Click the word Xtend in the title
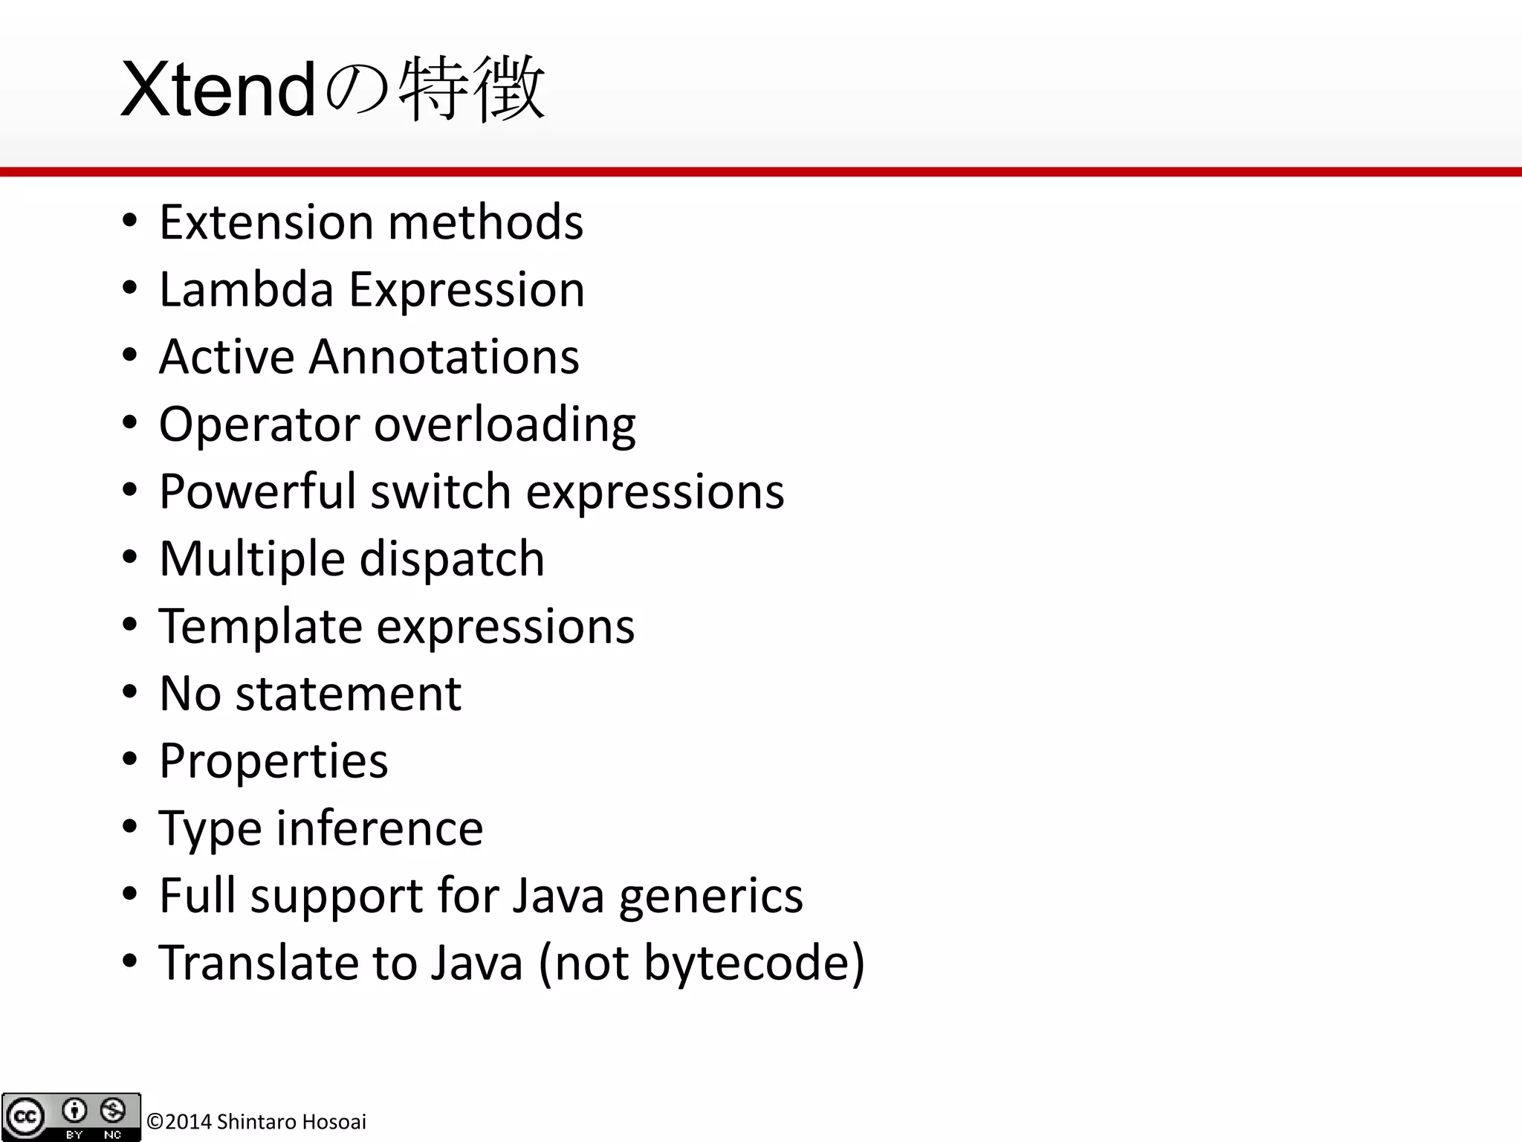[218, 91]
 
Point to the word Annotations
[444, 356]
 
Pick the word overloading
[505, 424]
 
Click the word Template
[260, 626]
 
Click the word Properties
[273, 761]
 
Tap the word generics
[710, 895]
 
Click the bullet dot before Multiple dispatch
[130, 558]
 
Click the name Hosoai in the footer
[334, 1121]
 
